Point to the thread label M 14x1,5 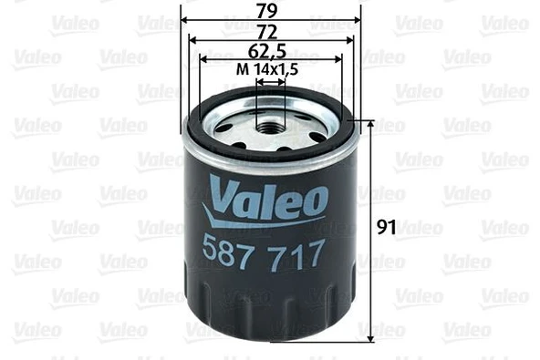[270, 68]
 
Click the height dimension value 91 [387, 228]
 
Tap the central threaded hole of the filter [270, 118]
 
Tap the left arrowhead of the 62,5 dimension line [202, 59]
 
